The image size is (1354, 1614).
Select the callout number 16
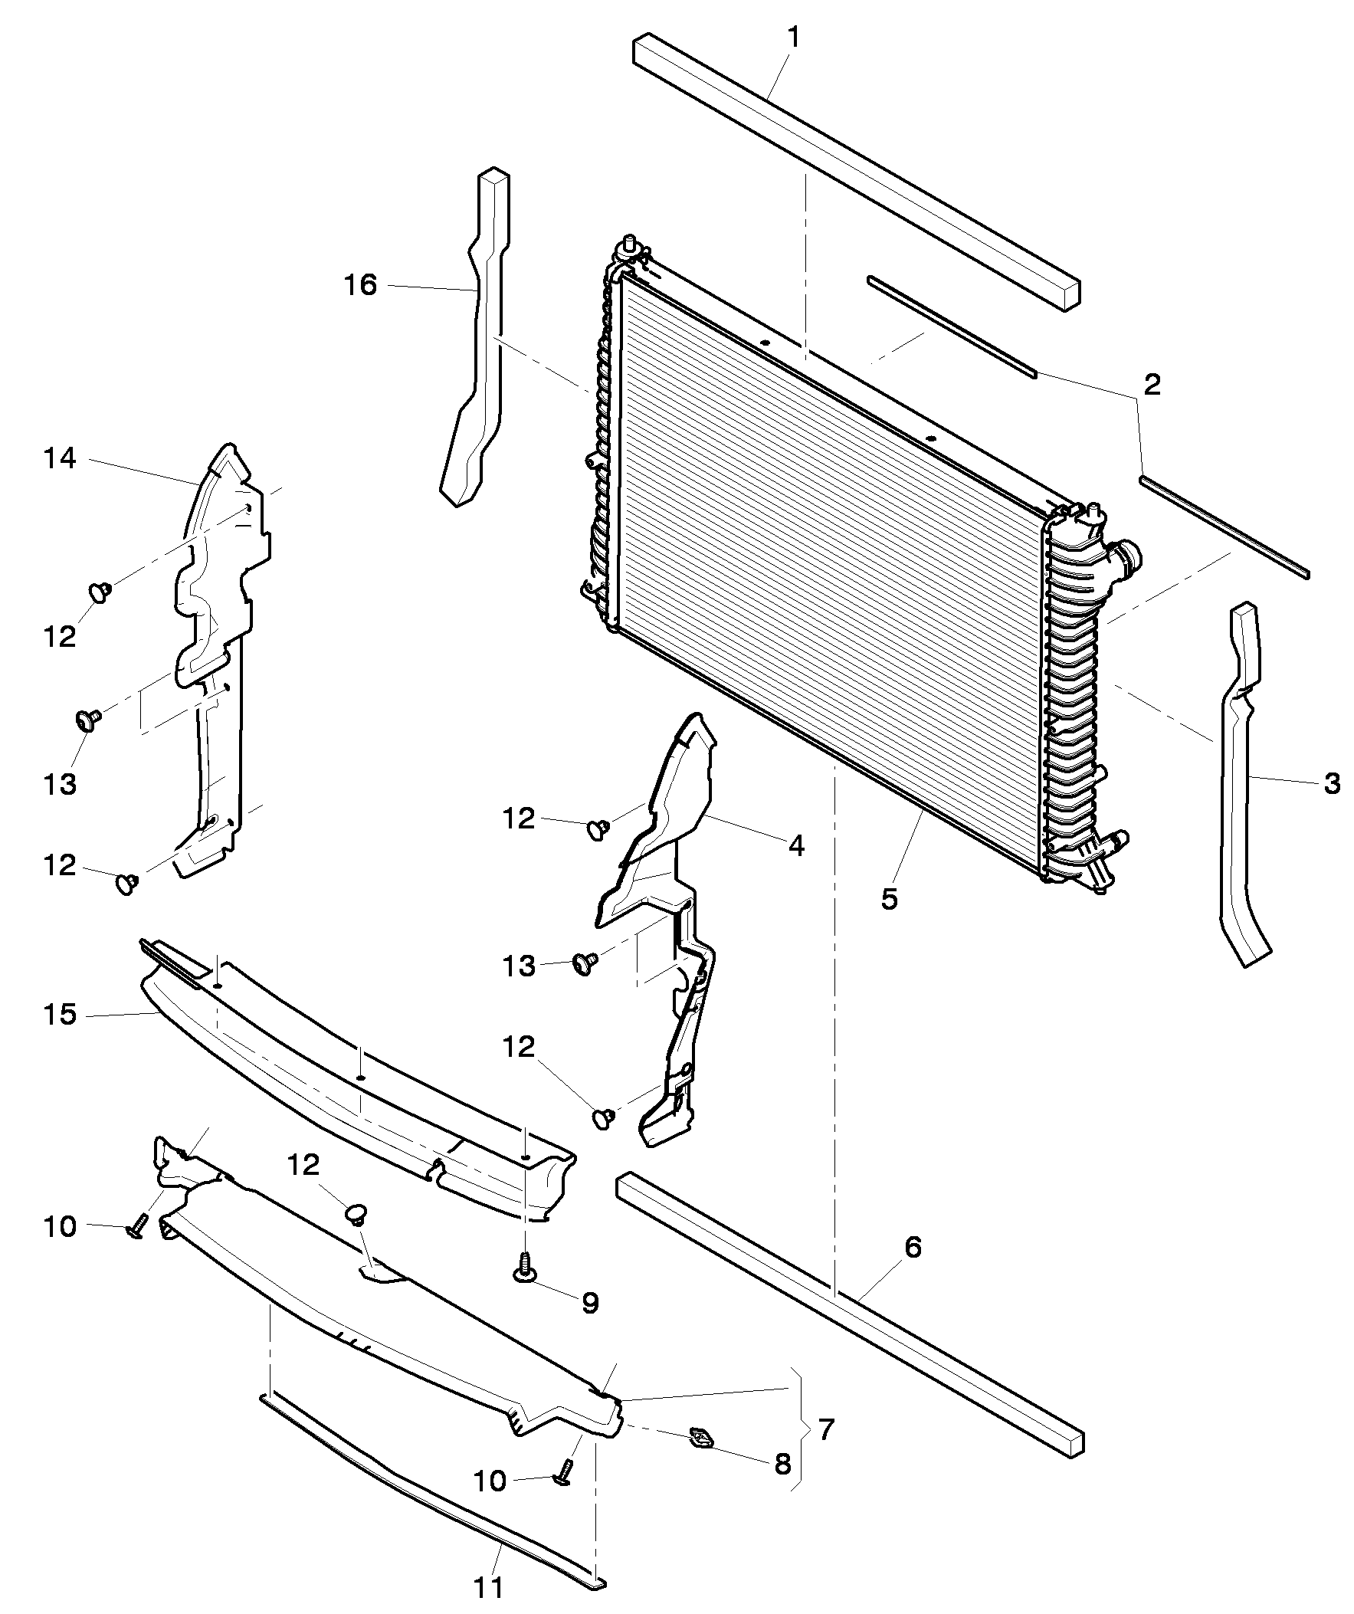[x=360, y=286]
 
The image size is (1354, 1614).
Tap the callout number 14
[x=61, y=460]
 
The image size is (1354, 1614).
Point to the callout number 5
[x=889, y=899]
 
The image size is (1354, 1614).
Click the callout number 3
[x=1332, y=784]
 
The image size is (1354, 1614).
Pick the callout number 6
[x=912, y=1248]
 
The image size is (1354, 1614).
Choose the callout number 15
[x=61, y=1015]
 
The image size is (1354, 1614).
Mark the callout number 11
[x=489, y=1588]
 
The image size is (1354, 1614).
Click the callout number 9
[x=589, y=1303]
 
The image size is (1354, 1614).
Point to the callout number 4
[x=796, y=846]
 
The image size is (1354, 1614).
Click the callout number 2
[x=1152, y=385]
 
